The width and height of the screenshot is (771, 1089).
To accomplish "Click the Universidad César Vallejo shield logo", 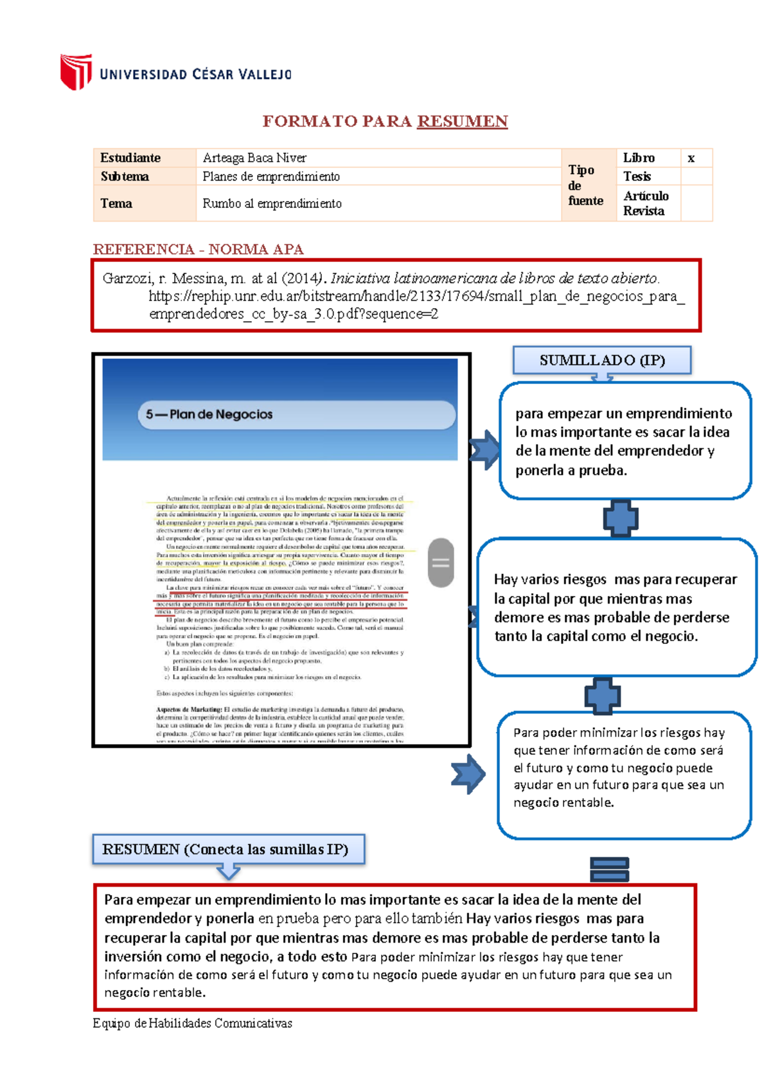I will click(76, 71).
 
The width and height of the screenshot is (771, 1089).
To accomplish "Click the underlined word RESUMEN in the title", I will click(462, 121).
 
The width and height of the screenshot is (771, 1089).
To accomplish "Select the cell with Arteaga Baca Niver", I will click(254, 158).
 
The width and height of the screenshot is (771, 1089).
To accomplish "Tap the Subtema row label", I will click(125, 177).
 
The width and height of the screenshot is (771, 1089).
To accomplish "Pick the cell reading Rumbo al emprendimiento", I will click(272, 204).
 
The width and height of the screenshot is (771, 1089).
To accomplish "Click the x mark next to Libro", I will click(691, 158).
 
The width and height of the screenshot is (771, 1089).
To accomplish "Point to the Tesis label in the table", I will click(637, 177).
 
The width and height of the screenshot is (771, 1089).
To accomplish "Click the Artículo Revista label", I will click(646, 203).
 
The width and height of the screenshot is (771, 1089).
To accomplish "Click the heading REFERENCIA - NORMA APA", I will click(198, 249).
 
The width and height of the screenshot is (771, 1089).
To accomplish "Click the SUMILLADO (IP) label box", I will click(602, 360).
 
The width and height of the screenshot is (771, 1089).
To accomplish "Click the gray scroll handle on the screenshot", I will click(441, 563).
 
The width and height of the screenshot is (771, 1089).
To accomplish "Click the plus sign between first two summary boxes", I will click(621, 518).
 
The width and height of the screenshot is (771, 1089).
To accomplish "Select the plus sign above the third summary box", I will click(603, 696).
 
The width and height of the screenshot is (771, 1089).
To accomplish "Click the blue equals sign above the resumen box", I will click(609, 870).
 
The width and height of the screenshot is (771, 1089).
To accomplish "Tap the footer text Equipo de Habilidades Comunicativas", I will click(192, 1023).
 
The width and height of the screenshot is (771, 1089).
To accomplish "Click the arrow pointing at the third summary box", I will click(468, 774).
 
